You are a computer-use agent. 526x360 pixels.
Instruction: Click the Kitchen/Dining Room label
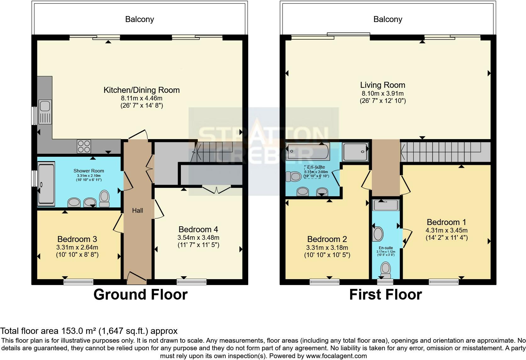point(142,90)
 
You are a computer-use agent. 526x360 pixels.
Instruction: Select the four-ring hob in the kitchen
point(84,146)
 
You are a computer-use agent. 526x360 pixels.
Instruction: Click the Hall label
point(137,211)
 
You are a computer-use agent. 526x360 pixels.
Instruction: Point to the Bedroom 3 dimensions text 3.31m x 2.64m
point(77,247)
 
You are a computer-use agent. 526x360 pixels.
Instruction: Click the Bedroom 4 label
point(198,229)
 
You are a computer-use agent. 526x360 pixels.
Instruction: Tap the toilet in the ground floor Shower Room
point(104,198)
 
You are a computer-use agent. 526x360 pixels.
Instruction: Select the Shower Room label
point(89,171)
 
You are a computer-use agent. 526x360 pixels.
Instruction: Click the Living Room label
point(383,85)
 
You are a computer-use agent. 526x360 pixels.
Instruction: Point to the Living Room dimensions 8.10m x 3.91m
point(383,93)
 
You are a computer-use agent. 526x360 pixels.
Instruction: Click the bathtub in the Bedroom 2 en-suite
point(308,151)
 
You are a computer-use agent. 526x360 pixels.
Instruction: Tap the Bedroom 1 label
point(446,222)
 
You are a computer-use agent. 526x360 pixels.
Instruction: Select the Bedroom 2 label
point(327,239)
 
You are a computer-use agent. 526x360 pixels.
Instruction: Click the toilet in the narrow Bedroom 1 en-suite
point(385,269)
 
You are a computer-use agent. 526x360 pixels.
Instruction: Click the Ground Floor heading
point(140,295)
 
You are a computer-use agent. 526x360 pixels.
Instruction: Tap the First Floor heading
point(385,295)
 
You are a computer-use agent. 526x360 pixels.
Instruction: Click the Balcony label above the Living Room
point(388,19)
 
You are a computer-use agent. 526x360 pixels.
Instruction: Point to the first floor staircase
point(440,151)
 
